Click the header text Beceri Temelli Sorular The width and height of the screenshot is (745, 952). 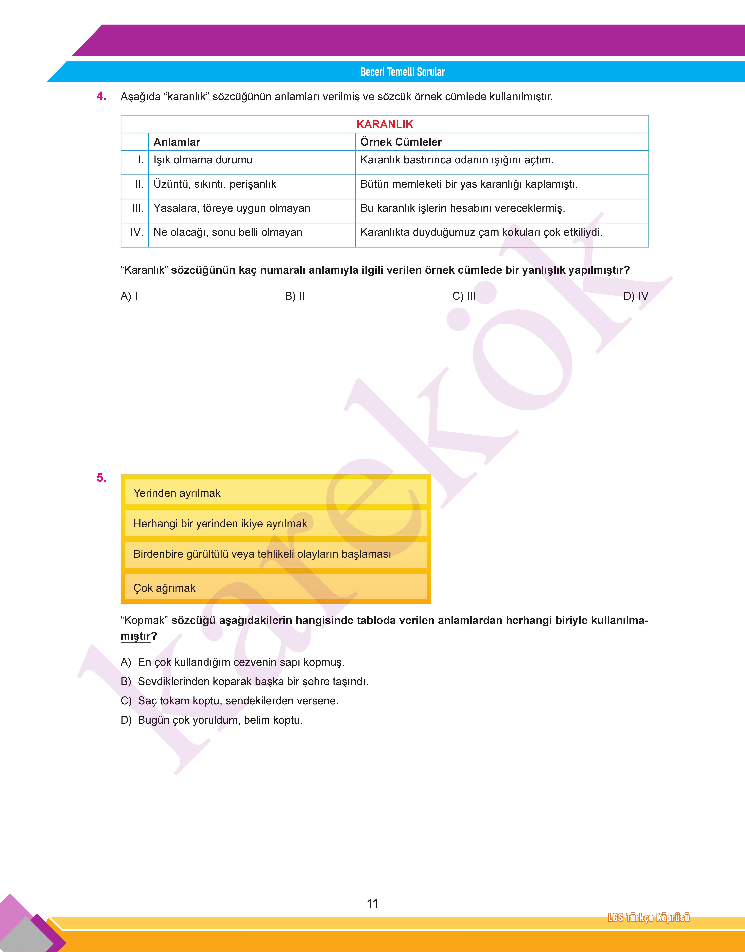tap(402, 72)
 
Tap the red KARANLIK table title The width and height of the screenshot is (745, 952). tap(384, 124)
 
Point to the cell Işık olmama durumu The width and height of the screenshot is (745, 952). tap(203, 160)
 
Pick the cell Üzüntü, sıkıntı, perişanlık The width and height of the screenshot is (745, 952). tap(215, 184)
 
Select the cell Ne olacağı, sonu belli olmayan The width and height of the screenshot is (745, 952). tap(228, 232)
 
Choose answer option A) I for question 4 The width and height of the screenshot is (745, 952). tap(129, 296)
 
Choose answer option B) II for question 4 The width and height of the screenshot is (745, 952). tap(295, 296)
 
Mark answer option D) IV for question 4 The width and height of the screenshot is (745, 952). tap(635, 296)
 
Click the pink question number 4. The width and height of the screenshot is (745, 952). tap(101, 96)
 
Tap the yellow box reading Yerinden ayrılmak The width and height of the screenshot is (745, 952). tap(276, 493)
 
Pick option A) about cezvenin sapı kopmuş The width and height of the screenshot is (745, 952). tap(232, 662)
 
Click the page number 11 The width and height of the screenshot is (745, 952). tap(372, 903)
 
